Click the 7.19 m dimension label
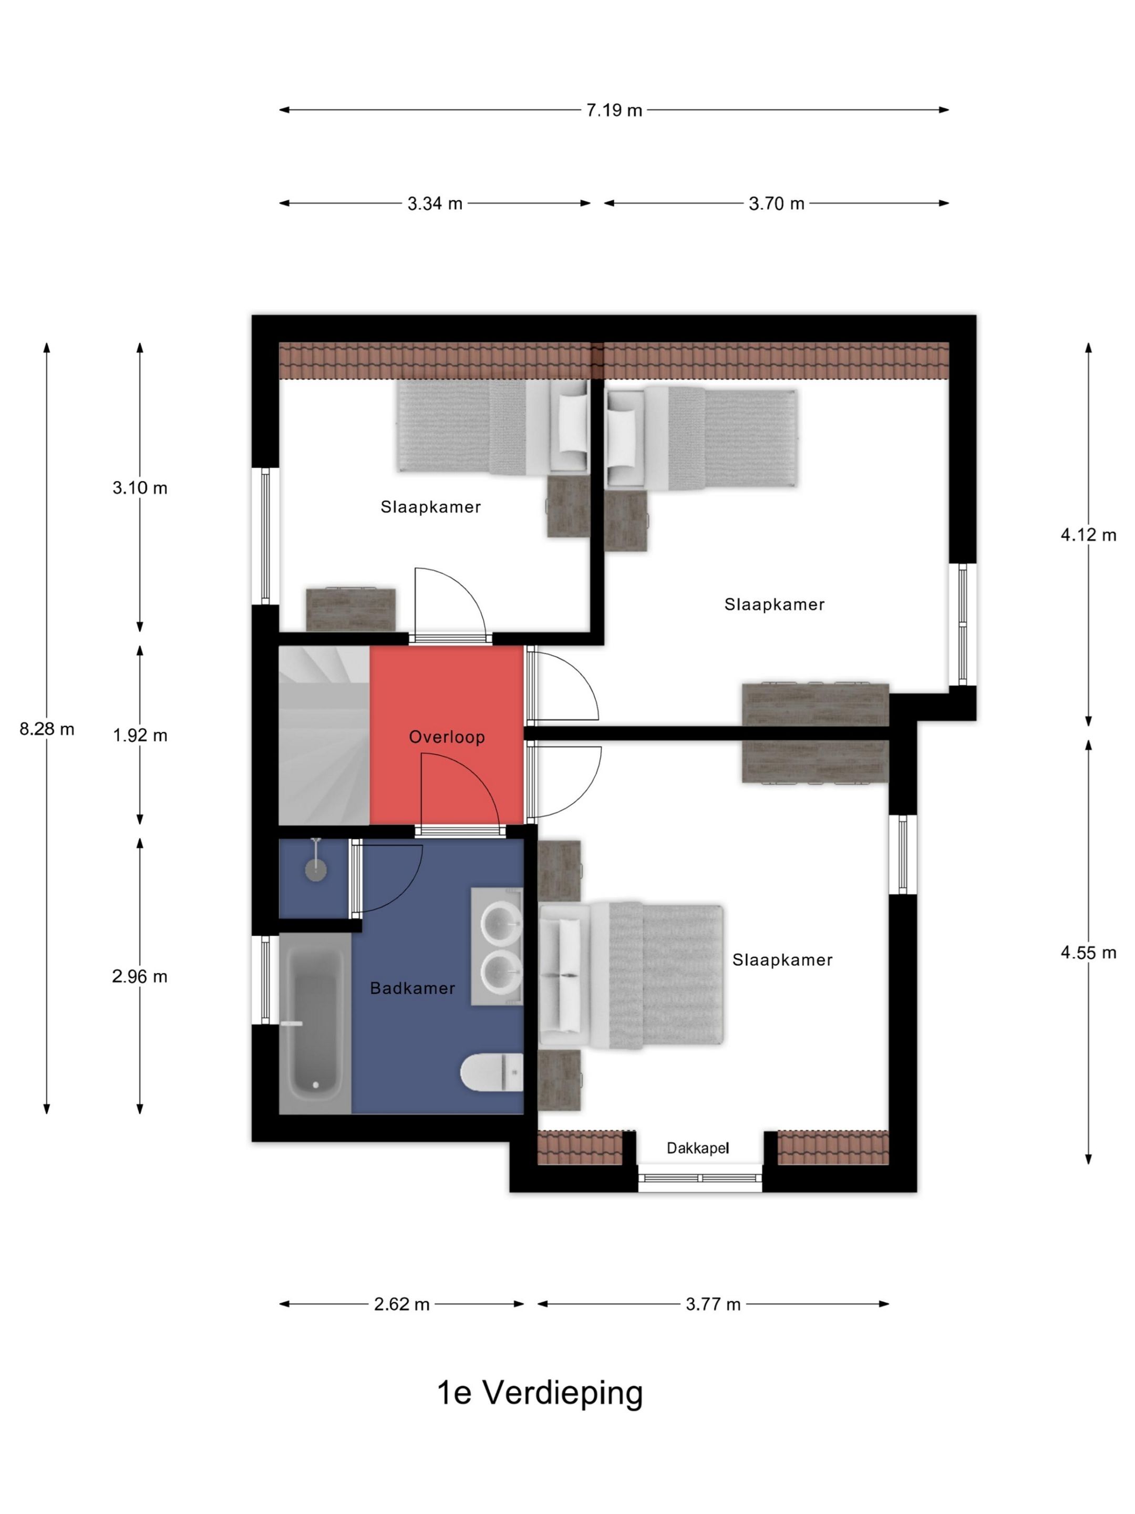614,110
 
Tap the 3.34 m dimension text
435,203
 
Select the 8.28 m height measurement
47,729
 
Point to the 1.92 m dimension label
140,735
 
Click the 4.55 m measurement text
1088,952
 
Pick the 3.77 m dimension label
713,1304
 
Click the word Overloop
447,737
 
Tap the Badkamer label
412,988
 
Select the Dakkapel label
698,1148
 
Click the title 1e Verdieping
540,1393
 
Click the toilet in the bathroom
491,1072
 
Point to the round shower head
315,871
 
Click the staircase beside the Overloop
324,736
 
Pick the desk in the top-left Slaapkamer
350,609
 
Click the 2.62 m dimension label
401,1304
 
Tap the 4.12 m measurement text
1088,535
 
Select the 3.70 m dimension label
777,203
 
